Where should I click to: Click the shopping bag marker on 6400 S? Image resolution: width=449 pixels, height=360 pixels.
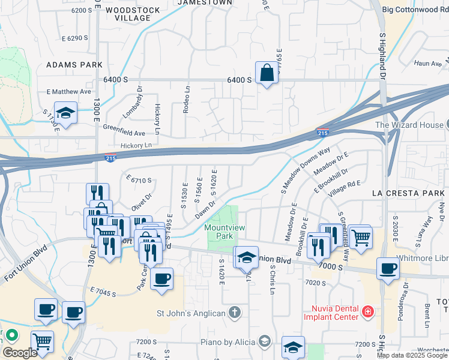[x=266, y=74]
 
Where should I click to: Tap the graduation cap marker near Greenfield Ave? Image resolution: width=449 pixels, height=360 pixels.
[x=65, y=113]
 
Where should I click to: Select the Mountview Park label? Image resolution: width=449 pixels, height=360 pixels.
[x=219, y=232]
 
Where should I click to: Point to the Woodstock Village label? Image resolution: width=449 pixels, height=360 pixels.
[x=128, y=14]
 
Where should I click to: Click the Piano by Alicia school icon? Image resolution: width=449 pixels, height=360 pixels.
[x=263, y=341]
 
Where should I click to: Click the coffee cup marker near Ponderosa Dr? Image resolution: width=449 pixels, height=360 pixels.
[x=388, y=268]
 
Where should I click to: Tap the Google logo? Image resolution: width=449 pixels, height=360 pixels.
[x=19, y=352]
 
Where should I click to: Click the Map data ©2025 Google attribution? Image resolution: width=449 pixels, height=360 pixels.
[x=412, y=355]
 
